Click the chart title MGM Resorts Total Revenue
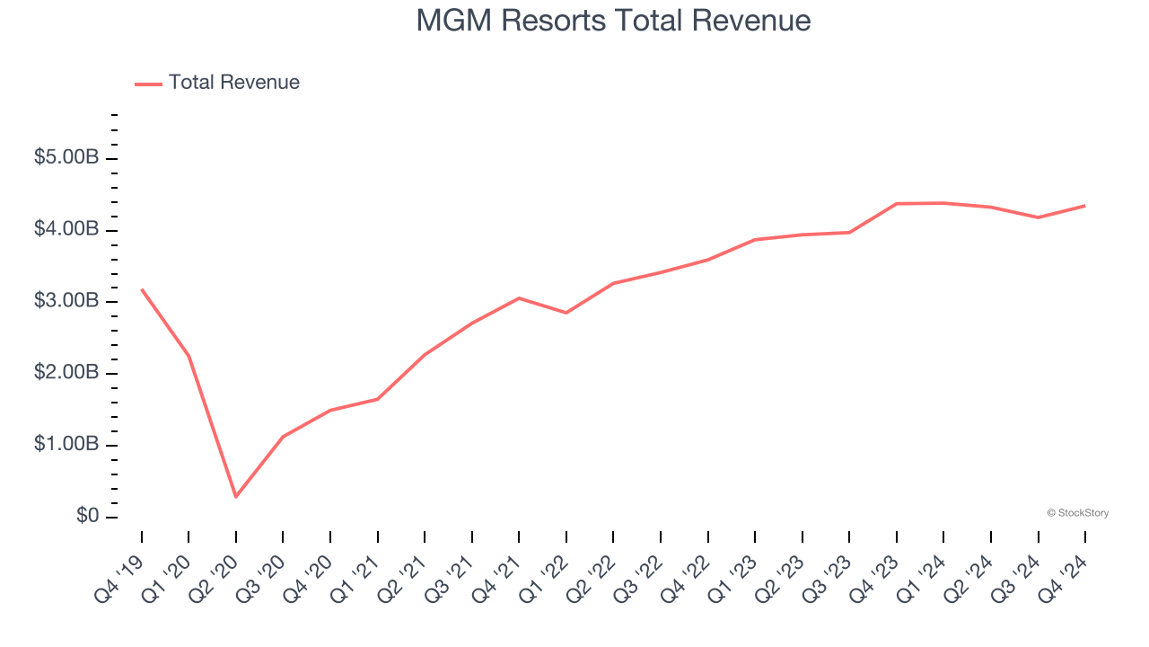point(613,21)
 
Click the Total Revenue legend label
point(233,83)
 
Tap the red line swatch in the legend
point(148,84)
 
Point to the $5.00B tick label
point(66,158)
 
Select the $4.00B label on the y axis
point(66,230)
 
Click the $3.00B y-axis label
point(66,301)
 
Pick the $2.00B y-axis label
point(66,373)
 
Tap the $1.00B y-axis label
point(66,445)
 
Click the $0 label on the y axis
point(88,517)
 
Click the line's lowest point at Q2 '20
point(236,496)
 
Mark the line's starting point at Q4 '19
point(142,289)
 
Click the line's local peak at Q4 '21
point(519,297)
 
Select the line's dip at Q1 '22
point(566,313)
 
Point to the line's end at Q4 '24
point(1084,206)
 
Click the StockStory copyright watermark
point(1077,513)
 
